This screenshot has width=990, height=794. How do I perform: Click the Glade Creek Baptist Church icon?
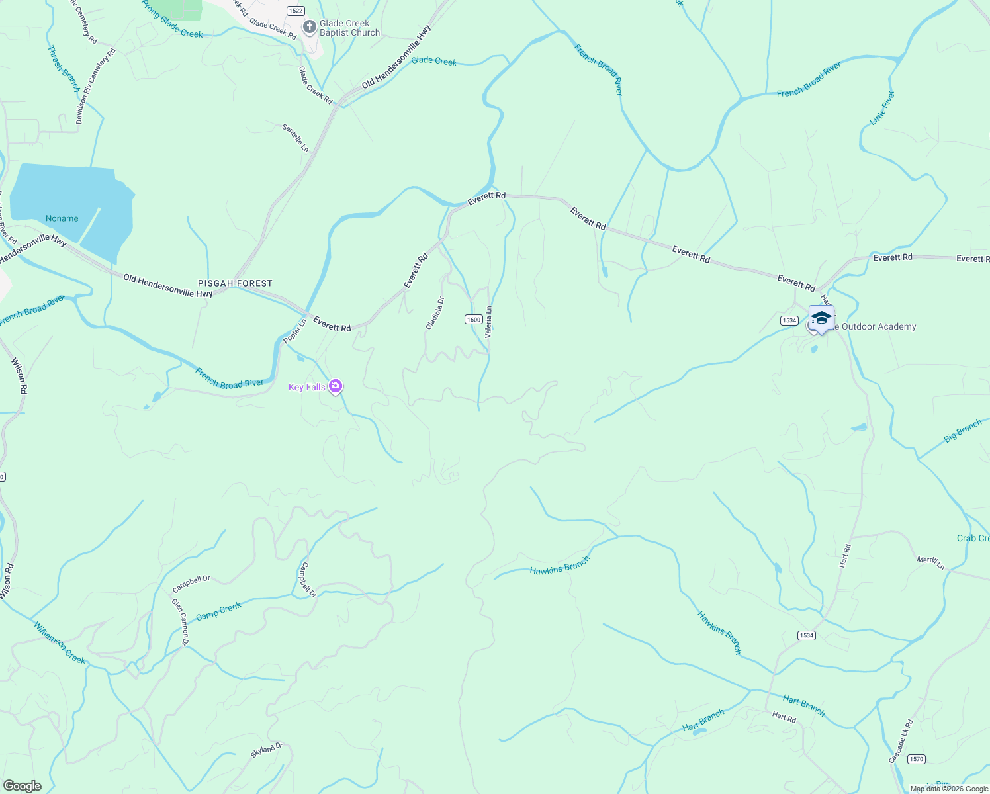coord(309,27)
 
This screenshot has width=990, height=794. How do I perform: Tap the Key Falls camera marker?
coord(336,386)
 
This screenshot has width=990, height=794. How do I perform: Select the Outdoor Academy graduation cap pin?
coord(821,318)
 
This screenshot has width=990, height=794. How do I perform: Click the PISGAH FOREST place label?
coord(235,283)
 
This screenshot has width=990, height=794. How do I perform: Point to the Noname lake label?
coord(62,218)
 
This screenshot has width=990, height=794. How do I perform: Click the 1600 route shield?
coord(473,320)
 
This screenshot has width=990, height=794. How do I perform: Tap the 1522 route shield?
coord(295,11)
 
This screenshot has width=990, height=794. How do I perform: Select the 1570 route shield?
coord(916,759)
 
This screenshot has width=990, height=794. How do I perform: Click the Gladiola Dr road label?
coord(435,313)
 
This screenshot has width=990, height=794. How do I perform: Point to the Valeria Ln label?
coord(488,322)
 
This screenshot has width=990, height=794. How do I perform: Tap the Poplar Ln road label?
coord(294,331)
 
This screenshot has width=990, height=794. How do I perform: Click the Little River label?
coord(882,108)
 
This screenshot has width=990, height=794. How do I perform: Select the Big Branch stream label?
coord(963,431)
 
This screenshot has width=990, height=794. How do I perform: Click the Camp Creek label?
coord(218,611)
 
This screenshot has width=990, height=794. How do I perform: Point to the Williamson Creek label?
coord(60,642)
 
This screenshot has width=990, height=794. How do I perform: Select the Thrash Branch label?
coord(64,69)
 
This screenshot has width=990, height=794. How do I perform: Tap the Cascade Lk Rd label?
coord(901,741)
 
